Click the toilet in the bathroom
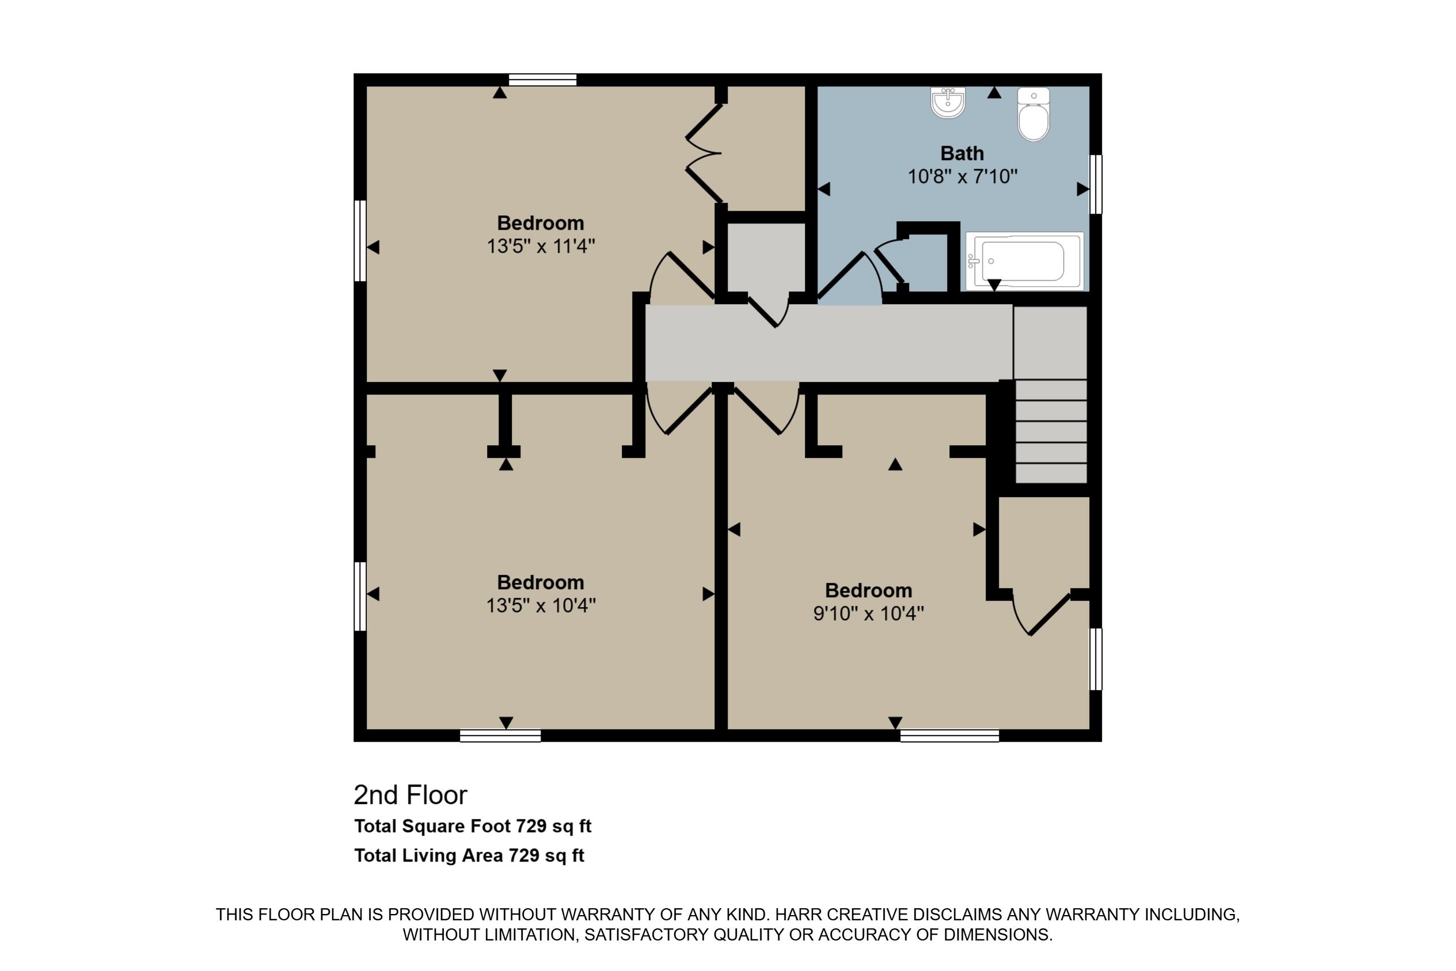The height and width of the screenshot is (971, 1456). point(1033,115)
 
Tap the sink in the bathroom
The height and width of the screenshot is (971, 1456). point(948,103)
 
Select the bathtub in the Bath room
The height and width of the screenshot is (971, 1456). point(1025,261)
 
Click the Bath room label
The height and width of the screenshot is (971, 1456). point(962,153)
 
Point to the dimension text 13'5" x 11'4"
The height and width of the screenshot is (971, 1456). point(541,246)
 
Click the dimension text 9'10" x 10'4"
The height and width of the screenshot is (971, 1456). point(868,614)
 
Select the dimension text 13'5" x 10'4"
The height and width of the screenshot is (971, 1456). point(541,606)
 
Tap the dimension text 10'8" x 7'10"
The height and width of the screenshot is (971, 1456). point(962,177)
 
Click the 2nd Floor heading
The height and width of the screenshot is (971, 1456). point(410,795)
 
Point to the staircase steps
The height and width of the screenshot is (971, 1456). point(1051,431)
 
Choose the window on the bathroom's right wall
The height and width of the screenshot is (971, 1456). point(1095,184)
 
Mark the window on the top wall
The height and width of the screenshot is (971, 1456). point(542,80)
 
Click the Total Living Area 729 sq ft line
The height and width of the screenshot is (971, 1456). point(469,856)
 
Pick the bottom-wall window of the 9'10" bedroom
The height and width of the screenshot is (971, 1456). point(949,735)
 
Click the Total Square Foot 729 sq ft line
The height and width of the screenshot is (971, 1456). point(472,826)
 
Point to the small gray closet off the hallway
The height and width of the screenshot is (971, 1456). point(766,257)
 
